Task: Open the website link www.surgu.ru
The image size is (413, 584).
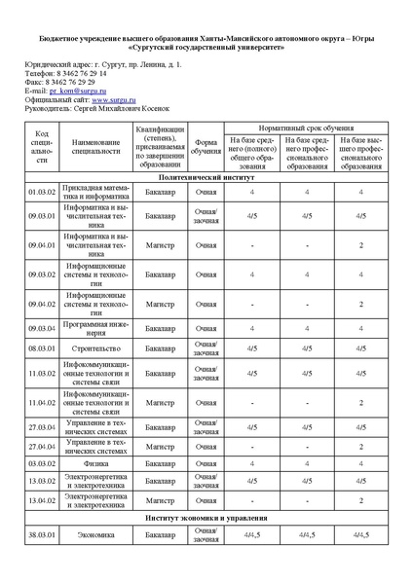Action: pyautogui.click(x=113, y=99)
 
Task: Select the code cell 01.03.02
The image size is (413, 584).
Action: pyautogui.click(x=42, y=193)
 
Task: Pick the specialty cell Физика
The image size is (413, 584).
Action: pyautogui.click(x=95, y=463)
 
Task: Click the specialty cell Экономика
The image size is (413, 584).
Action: pyautogui.click(x=95, y=534)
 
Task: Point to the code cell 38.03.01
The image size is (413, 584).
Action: pyautogui.click(x=42, y=534)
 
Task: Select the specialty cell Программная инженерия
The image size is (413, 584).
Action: pyautogui.click(x=95, y=328)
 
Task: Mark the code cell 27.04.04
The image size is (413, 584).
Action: pyautogui.click(x=42, y=447)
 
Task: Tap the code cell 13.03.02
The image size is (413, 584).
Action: pyautogui.click(x=42, y=481)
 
